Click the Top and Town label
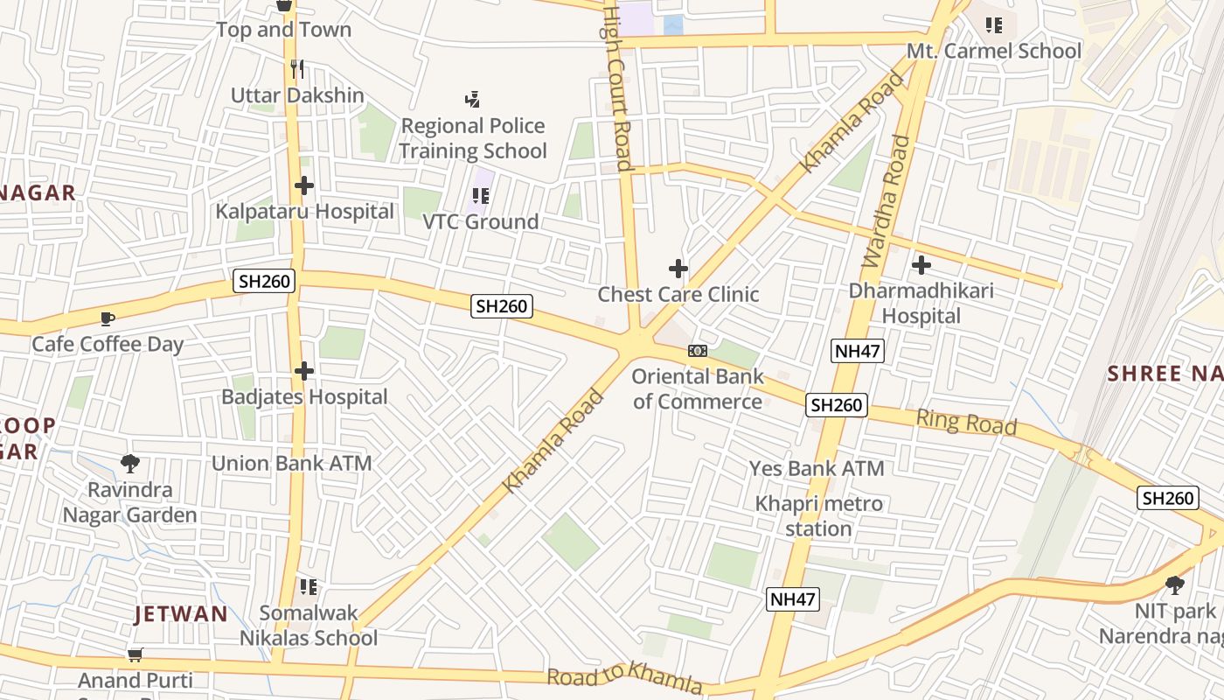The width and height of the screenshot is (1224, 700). coord(283,30)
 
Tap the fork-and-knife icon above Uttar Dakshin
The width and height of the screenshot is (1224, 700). coord(297,69)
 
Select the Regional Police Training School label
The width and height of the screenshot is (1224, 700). coord(473,138)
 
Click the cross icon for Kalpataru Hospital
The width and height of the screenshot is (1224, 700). coord(304,185)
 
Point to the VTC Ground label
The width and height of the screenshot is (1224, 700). coord(481,222)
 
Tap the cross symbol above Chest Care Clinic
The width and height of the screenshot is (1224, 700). coord(678,269)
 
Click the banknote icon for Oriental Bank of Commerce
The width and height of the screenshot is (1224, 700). coord(698,351)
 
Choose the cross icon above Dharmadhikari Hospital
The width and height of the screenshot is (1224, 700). coord(921,265)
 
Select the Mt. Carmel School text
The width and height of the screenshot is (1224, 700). coord(994,51)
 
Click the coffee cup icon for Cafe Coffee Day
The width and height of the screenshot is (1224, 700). coord(108,318)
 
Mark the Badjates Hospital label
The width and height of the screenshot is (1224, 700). coord(304,397)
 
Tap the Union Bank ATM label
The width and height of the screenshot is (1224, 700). coord(292,464)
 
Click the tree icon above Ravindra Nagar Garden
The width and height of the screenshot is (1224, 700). coord(130,463)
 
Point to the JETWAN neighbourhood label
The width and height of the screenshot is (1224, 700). coord(181,614)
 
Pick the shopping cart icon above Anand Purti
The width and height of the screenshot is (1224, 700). coord(135,654)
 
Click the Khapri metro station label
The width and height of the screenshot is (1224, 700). coord(819,516)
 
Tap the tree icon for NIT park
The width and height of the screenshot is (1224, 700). coord(1175,584)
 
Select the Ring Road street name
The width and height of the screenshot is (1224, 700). coord(966,423)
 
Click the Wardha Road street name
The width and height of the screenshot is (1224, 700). coord(887,200)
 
